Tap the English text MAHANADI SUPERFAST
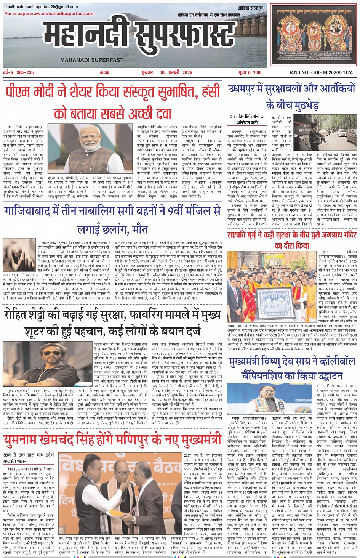tap(92, 60)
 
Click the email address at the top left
tap(41, 7)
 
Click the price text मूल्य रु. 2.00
tap(250, 72)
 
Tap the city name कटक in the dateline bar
tap(105, 72)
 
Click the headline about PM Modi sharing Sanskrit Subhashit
tap(113, 102)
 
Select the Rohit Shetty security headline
tap(112, 322)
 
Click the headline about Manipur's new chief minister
tap(112, 439)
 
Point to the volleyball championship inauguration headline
tap(292, 368)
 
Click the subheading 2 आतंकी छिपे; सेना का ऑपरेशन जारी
tap(248, 119)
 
